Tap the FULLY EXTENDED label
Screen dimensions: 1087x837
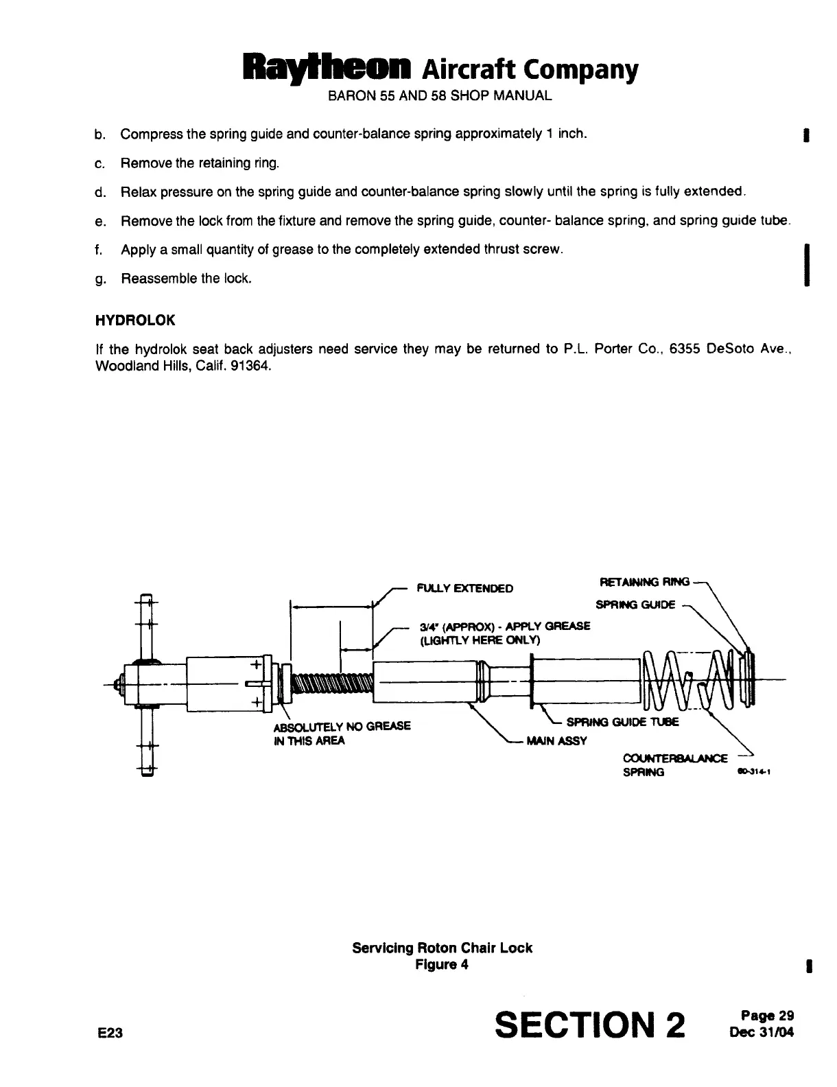point(464,589)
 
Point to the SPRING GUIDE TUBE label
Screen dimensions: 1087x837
point(622,722)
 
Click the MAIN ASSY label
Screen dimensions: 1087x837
point(556,741)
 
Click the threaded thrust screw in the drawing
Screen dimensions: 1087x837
point(332,684)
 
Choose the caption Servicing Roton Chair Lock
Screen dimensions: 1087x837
point(442,948)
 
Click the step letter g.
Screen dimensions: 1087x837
point(99,279)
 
